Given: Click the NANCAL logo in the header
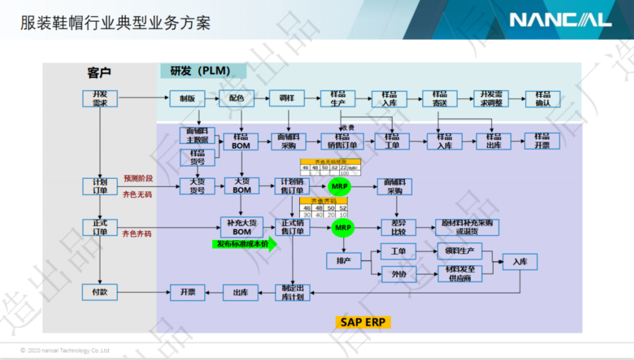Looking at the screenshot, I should [560, 20].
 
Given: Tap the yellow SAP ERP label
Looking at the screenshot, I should [363, 321].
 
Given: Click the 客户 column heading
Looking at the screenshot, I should [99, 73].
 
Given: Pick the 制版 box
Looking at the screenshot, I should [187, 99].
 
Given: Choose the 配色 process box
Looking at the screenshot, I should [236, 99].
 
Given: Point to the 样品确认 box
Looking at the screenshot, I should [542, 99].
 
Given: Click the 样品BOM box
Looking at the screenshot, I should [241, 142].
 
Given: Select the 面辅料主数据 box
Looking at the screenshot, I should [197, 135].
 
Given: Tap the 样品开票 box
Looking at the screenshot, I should [541, 141].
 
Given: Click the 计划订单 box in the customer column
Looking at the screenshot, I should [99, 186].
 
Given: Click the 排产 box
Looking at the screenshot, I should [343, 261].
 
